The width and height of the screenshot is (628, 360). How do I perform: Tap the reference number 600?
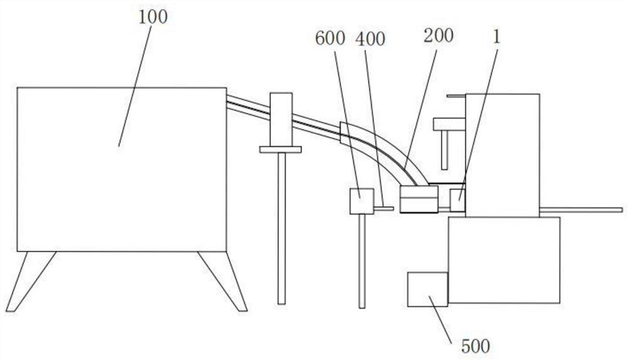[x=331, y=38]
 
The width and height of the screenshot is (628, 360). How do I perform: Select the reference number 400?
[x=370, y=39]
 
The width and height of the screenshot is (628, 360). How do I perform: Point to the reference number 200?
[x=438, y=36]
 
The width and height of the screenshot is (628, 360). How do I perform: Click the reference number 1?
[x=496, y=36]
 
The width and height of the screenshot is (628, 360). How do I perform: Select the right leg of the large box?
[x=223, y=281]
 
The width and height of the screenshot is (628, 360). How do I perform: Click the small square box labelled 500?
[x=427, y=289]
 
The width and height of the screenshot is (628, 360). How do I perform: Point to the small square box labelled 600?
[x=361, y=201]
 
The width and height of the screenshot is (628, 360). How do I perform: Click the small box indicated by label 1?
[x=458, y=200]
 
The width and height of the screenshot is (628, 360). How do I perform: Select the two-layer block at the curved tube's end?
[x=420, y=199]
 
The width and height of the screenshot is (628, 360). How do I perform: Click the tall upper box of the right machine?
[x=502, y=155]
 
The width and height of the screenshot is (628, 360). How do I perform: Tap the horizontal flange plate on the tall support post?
[x=280, y=150]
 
